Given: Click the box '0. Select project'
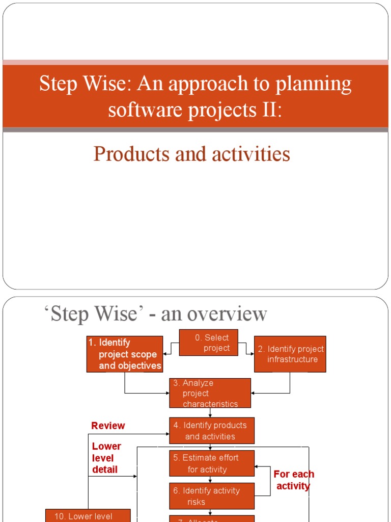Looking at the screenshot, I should coord(209,343).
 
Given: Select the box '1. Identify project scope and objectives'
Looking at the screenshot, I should coord(125,354).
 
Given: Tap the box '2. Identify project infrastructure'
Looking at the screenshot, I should coord(290,354).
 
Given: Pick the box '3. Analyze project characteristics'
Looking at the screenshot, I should coord(210,393).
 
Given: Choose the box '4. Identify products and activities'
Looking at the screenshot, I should coord(212,431).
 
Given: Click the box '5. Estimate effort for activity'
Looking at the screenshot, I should coord(212,463).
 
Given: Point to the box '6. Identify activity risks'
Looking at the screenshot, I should coord(212,496).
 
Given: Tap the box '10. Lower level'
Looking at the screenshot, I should coord(88,515).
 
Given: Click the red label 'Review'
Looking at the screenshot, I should coord(108,426).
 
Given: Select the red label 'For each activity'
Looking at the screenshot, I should coord(294,480).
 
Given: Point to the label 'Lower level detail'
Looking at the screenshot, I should coord(106,458).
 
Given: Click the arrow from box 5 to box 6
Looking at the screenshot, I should coord(210,480).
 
